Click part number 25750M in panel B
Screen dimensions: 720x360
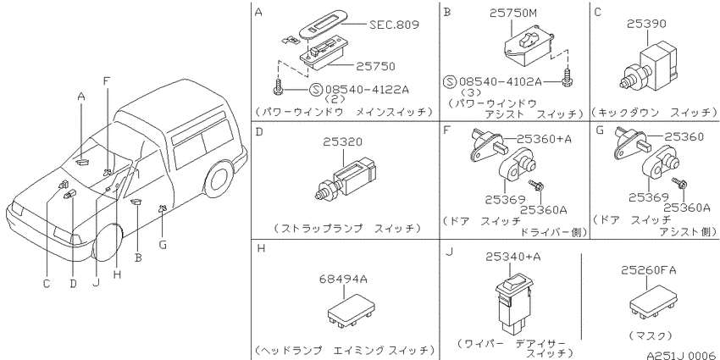(512, 14)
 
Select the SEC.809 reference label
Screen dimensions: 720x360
(394, 25)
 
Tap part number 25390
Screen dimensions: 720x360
(646, 24)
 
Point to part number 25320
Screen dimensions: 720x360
(342, 142)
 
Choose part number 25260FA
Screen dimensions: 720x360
(649, 270)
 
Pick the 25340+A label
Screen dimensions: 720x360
(513, 258)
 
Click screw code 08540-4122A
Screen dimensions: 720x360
(367, 89)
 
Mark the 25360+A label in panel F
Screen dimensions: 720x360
(544, 139)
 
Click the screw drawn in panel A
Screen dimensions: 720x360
(279, 88)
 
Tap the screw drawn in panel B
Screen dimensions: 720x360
(568, 78)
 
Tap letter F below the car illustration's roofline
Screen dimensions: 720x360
(107, 81)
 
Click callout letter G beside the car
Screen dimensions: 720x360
(163, 245)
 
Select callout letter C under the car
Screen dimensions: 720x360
(47, 284)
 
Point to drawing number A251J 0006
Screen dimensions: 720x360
(683, 354)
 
